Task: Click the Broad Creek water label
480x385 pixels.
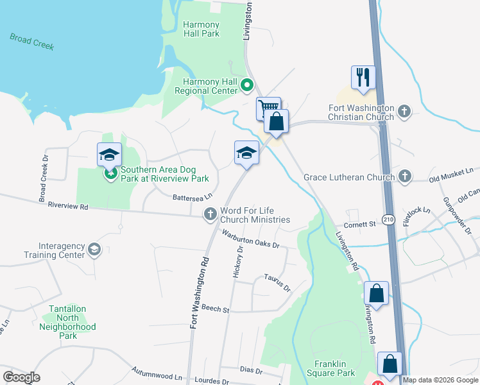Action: (x=32, y=42)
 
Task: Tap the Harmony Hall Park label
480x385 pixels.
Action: (x=201, y=29)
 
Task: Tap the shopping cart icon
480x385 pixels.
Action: (x=268, y=107)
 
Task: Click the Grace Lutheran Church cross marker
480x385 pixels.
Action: (x=404, y=176)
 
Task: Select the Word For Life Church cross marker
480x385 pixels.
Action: (x=210, y=214)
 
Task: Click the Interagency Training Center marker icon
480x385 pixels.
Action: (x=94, y=250)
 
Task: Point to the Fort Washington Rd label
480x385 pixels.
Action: (x=200, y=293)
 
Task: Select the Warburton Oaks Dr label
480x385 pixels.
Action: (x=252, y=239)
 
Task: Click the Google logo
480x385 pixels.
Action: (x=21, y=377)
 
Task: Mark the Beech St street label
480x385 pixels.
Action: (x=215, y=309)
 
